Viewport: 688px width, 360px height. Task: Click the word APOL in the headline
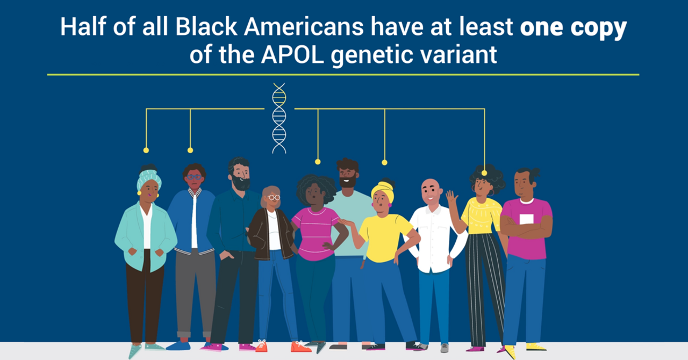click(293, 55)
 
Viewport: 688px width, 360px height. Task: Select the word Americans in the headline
click(304, 26)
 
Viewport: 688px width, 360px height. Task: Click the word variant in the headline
click(458, 55)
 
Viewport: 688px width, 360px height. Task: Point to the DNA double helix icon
click(279, 118)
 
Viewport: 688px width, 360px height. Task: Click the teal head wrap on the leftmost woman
click(149, 179)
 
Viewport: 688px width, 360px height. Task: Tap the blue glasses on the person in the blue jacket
click(194, 177)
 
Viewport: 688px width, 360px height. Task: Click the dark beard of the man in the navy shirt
click(240, 182)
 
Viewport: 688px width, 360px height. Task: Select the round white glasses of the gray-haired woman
click(274, 198)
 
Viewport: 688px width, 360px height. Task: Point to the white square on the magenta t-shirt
click(526, 219)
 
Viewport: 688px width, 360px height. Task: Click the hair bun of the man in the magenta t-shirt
click(535, 173)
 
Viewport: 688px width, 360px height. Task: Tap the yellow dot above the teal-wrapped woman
click(146, 150)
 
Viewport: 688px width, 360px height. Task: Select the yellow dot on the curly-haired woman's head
click(484, 173)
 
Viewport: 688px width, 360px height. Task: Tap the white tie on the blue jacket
click(194, 221)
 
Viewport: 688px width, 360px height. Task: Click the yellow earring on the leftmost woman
click(139, 193)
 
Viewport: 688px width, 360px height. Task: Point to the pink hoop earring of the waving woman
click(491, 192)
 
